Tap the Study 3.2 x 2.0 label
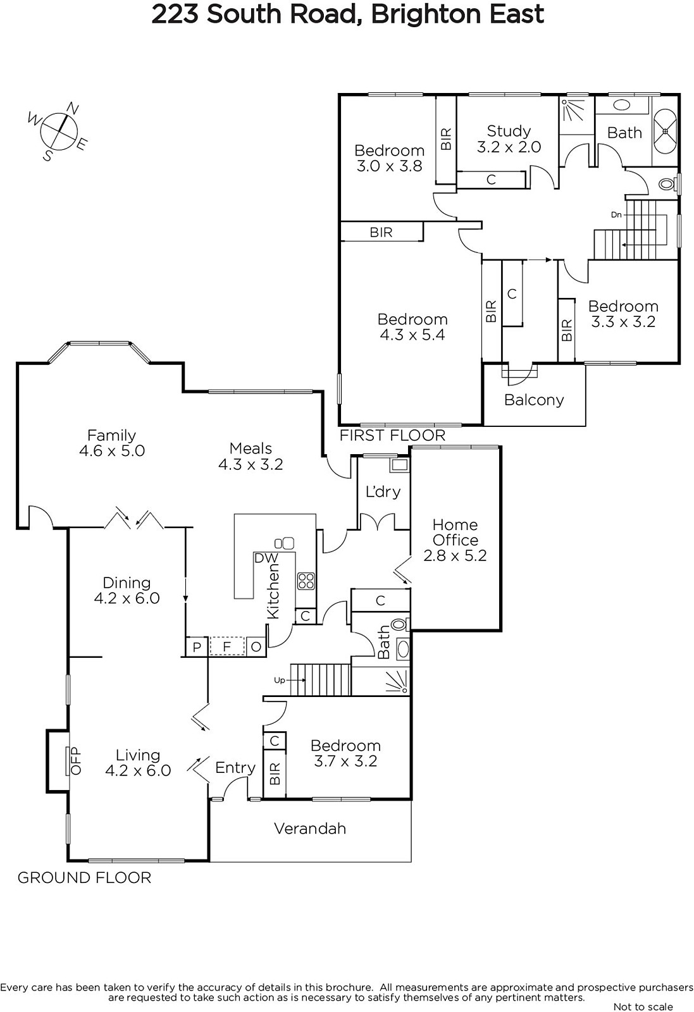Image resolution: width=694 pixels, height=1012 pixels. pyautogui.click(x=509, y=139)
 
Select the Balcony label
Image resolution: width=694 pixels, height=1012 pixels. pyautogui.click(x=534, y=400)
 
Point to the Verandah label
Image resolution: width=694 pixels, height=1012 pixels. pyautogui.click(x=310, y=828)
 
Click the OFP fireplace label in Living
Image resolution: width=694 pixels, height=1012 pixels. pyautogui.click(x=75, y=761)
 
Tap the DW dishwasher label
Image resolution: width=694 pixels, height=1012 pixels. pyautogui.click(x=266, y=558)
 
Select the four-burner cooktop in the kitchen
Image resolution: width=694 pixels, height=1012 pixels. pyautogui.click(x=306, y=581)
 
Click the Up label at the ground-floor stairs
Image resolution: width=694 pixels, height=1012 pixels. pyautogui.click(x=280, y=680)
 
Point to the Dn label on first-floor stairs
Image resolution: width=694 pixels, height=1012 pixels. pyautogui.click(x=616, y=214)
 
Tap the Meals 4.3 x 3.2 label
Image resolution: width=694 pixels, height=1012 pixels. pyautogui.click(x=251, y=456)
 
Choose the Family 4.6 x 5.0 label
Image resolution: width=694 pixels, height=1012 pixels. pyautogui.click(x=111, y=443)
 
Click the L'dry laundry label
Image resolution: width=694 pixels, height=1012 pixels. pyautogui.click(x=383, y=491)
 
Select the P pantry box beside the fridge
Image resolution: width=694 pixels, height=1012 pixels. pyautogui.click(x=197, y=647)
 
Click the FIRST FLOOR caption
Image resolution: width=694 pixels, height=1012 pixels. pyautogui.click(x=393, y=436)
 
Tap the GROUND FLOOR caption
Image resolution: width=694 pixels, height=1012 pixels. pyautogui.click(x=84, y=878)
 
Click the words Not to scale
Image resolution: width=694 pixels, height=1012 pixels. pyautogui.click(x=643, y=1006)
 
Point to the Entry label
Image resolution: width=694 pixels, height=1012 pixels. pyautogui.click(x=235, y=768)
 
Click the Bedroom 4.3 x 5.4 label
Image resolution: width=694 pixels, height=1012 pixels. pyautogui.click(x=412, y=327)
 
